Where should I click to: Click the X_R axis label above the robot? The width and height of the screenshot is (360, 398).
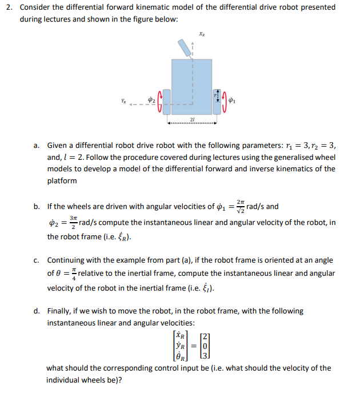202,35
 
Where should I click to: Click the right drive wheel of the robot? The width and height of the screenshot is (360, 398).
217,99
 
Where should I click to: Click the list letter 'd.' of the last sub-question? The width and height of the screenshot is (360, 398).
37,311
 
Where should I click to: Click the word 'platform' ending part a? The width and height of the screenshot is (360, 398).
62,180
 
